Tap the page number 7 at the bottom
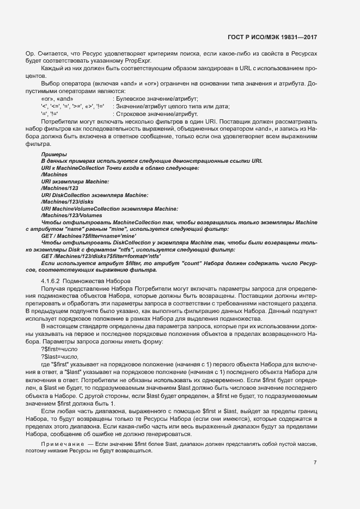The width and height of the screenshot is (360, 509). click(315, 462)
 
